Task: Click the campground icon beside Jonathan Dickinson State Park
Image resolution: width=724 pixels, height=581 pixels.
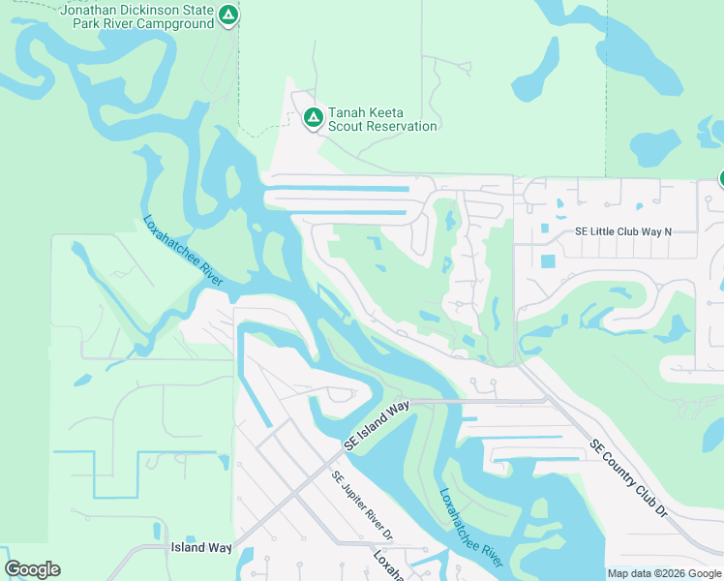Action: [227, 15]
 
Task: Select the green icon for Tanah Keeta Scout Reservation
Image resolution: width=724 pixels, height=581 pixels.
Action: [313, 118]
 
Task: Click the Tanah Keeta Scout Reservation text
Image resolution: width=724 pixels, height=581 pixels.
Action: [382, 118]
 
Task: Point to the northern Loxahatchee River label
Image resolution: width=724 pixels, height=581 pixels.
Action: [184, 250]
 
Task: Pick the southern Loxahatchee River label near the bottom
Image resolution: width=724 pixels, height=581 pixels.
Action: [470, 527]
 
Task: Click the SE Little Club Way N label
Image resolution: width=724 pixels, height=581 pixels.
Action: [622, 232]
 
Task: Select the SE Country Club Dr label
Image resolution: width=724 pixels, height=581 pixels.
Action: [629, 478]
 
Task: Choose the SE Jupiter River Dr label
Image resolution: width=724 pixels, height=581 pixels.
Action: [362, 505]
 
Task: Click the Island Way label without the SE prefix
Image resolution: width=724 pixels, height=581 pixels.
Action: [201, 548]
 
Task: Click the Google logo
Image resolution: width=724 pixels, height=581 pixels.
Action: [32, 569]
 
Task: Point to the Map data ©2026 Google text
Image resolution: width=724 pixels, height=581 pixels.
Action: [664, 573]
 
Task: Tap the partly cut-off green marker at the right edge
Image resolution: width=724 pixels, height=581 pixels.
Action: [720, 177]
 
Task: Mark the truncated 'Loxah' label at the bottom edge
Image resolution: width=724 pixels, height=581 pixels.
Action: [391, 566]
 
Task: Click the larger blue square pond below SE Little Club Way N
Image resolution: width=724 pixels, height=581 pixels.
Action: [549, 261]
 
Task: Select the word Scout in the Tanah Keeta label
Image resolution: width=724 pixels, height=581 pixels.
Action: [347, 127]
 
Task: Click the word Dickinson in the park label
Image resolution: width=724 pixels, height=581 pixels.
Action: [148, 10]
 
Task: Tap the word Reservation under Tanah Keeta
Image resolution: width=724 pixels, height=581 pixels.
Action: [403, 127]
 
